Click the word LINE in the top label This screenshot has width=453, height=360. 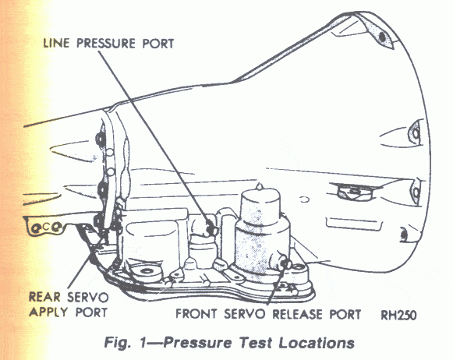(57, 44)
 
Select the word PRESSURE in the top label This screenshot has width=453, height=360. (106, 44)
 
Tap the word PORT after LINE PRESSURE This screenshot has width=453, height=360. (158, 44)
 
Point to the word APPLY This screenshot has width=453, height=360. (48, 312)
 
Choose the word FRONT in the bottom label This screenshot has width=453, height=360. (196, 314)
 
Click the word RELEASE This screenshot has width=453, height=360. (298, 314)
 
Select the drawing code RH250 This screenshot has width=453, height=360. (399, 315)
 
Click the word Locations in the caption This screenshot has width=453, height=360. (317, 343)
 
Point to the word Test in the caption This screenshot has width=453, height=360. (256, 343)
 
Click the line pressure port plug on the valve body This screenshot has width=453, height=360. (212, 228)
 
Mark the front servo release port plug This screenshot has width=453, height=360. (285, 263)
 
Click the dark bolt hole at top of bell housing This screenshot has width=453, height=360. (382, 37)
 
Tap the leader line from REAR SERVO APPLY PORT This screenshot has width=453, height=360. (84, 263)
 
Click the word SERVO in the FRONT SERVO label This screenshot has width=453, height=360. (244, 314)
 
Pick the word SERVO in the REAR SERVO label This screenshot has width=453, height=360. (88, 297)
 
